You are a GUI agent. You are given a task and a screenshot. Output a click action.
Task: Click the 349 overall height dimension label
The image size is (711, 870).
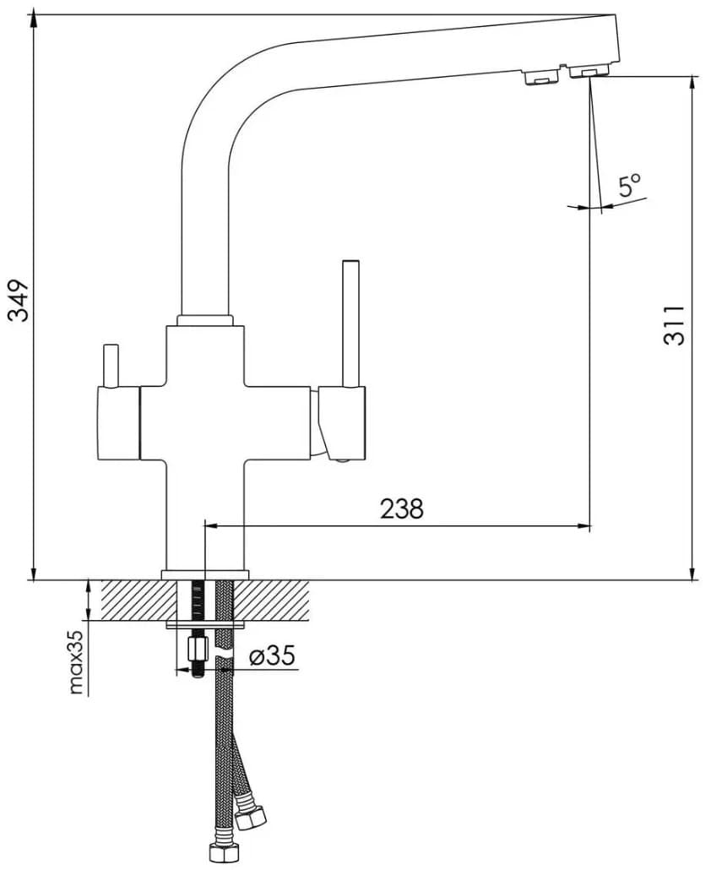point(19,302)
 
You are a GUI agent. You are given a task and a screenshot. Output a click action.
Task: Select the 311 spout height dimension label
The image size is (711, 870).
point(674,325)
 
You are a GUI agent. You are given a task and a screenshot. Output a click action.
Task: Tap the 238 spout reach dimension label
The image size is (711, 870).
point(401,508)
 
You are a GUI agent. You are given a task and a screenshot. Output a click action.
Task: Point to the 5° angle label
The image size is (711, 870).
point(629,185)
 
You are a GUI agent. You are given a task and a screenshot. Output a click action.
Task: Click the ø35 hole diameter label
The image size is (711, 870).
point(271,656)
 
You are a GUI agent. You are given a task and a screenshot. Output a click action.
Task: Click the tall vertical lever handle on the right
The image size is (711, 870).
point(350,321)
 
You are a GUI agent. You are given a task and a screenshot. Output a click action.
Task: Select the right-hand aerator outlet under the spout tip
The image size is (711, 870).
point(588,73)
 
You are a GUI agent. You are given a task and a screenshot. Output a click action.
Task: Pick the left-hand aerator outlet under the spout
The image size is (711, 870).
point(540,78)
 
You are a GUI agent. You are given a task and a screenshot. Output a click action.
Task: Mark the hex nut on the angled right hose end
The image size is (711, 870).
point(251,818)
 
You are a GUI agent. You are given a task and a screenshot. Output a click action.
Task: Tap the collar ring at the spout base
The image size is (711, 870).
point(204,320)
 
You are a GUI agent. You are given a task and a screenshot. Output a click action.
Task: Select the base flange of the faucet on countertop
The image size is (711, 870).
point(205,574)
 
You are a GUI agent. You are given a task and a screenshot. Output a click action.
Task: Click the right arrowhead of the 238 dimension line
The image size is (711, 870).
point(584,526)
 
